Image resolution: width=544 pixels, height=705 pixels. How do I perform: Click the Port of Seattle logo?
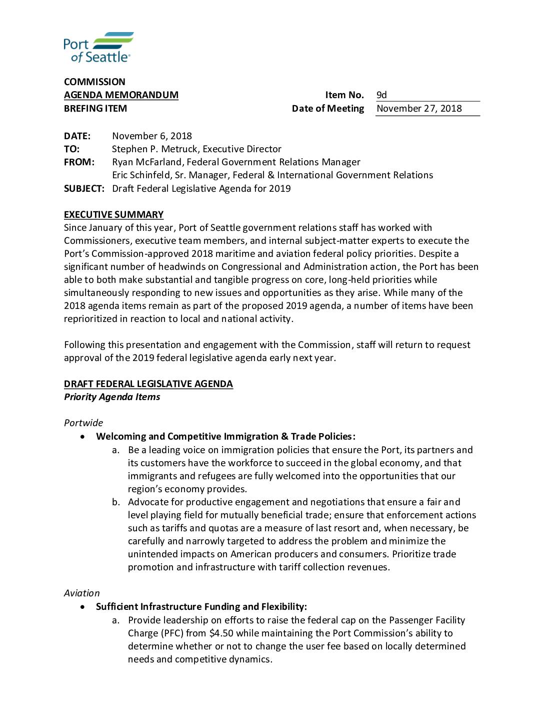pos(98,47)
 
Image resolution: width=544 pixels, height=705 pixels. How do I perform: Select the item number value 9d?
pos(381,95)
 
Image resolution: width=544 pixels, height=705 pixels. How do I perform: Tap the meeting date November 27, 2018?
pos(419,109)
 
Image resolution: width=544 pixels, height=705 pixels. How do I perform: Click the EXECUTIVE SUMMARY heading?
pos(113,215)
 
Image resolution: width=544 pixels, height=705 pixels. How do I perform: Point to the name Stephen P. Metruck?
pos(155,149)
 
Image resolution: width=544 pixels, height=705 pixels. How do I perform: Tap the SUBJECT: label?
pos(84,189)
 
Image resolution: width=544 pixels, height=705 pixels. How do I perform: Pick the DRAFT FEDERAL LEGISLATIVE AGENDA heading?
pos(148,384)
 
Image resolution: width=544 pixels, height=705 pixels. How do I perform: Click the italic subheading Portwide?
pos(83,423)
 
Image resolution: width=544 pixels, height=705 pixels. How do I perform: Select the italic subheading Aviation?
pos(81,593)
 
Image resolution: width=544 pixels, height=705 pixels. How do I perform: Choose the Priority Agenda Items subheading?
pos(112,397)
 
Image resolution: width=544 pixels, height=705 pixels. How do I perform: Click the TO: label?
pos(71,149)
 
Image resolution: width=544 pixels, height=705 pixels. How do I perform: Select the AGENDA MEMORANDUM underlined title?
pos(121,95)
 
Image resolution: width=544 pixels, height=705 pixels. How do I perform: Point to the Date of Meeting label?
pos(328,109)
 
